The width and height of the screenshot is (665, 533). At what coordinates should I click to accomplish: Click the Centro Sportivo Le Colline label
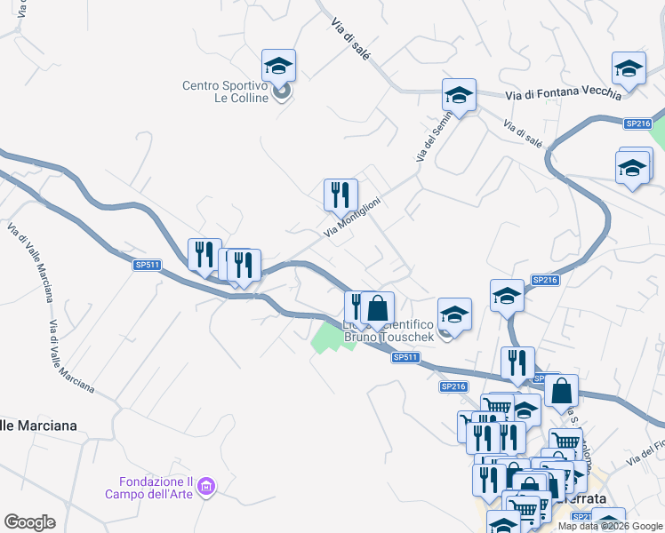click(x=225, y=91)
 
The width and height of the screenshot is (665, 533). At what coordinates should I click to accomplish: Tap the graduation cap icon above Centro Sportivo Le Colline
click(x=278, y=66)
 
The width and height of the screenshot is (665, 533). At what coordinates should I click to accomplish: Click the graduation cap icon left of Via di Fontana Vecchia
click(x=459, y=94)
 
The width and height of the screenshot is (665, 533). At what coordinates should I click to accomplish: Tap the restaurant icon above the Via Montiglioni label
click(x=340, y=195)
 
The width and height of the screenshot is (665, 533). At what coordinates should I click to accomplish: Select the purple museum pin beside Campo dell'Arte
click(x=207, y=486)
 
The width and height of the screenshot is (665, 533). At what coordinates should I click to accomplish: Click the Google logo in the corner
click(x=29, y=522)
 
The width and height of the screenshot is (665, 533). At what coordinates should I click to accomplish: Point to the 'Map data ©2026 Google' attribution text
click(x=611, y=526)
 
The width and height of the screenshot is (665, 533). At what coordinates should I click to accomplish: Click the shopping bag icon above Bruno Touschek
click(x=377, y=308)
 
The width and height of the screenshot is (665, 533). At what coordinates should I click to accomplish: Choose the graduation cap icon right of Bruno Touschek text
click(x=454, y=314)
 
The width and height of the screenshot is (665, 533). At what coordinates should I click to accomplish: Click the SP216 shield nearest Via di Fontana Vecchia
click(x=637, y=124)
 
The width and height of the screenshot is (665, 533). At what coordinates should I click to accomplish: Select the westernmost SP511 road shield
click(x=147, y=265)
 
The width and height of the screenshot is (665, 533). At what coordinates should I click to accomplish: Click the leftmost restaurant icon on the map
click(x=204, y=255)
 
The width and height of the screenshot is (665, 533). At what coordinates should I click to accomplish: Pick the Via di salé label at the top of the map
click(x=350, y=38)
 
